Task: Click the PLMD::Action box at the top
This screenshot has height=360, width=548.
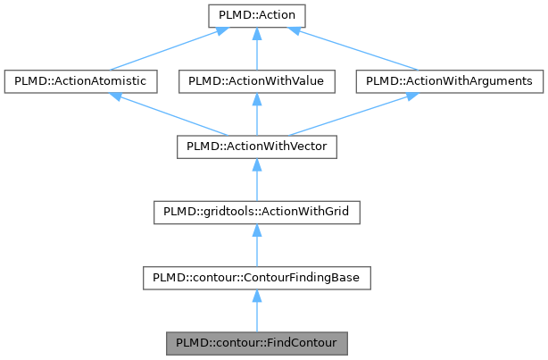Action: click(x=256, y=15)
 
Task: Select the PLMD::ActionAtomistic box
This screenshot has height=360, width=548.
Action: click(x=81, y=81)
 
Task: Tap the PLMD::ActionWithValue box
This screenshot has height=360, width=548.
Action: click(x=256, y=81)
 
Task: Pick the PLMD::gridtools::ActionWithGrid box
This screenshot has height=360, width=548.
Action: click(x=256, y=213)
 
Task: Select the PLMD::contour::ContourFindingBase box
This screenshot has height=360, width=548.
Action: click(x=256, y=278)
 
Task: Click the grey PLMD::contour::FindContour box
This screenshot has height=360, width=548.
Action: click(x=256, y=343)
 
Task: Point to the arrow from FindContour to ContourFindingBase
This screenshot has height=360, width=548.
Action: click(x=256, y=312)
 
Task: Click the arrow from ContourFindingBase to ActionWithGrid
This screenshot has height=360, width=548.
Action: click(x=256, y=246)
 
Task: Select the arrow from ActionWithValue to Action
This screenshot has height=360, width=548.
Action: click(x=256, y=49)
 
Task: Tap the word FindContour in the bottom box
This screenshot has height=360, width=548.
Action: click(x=296, y=343)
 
